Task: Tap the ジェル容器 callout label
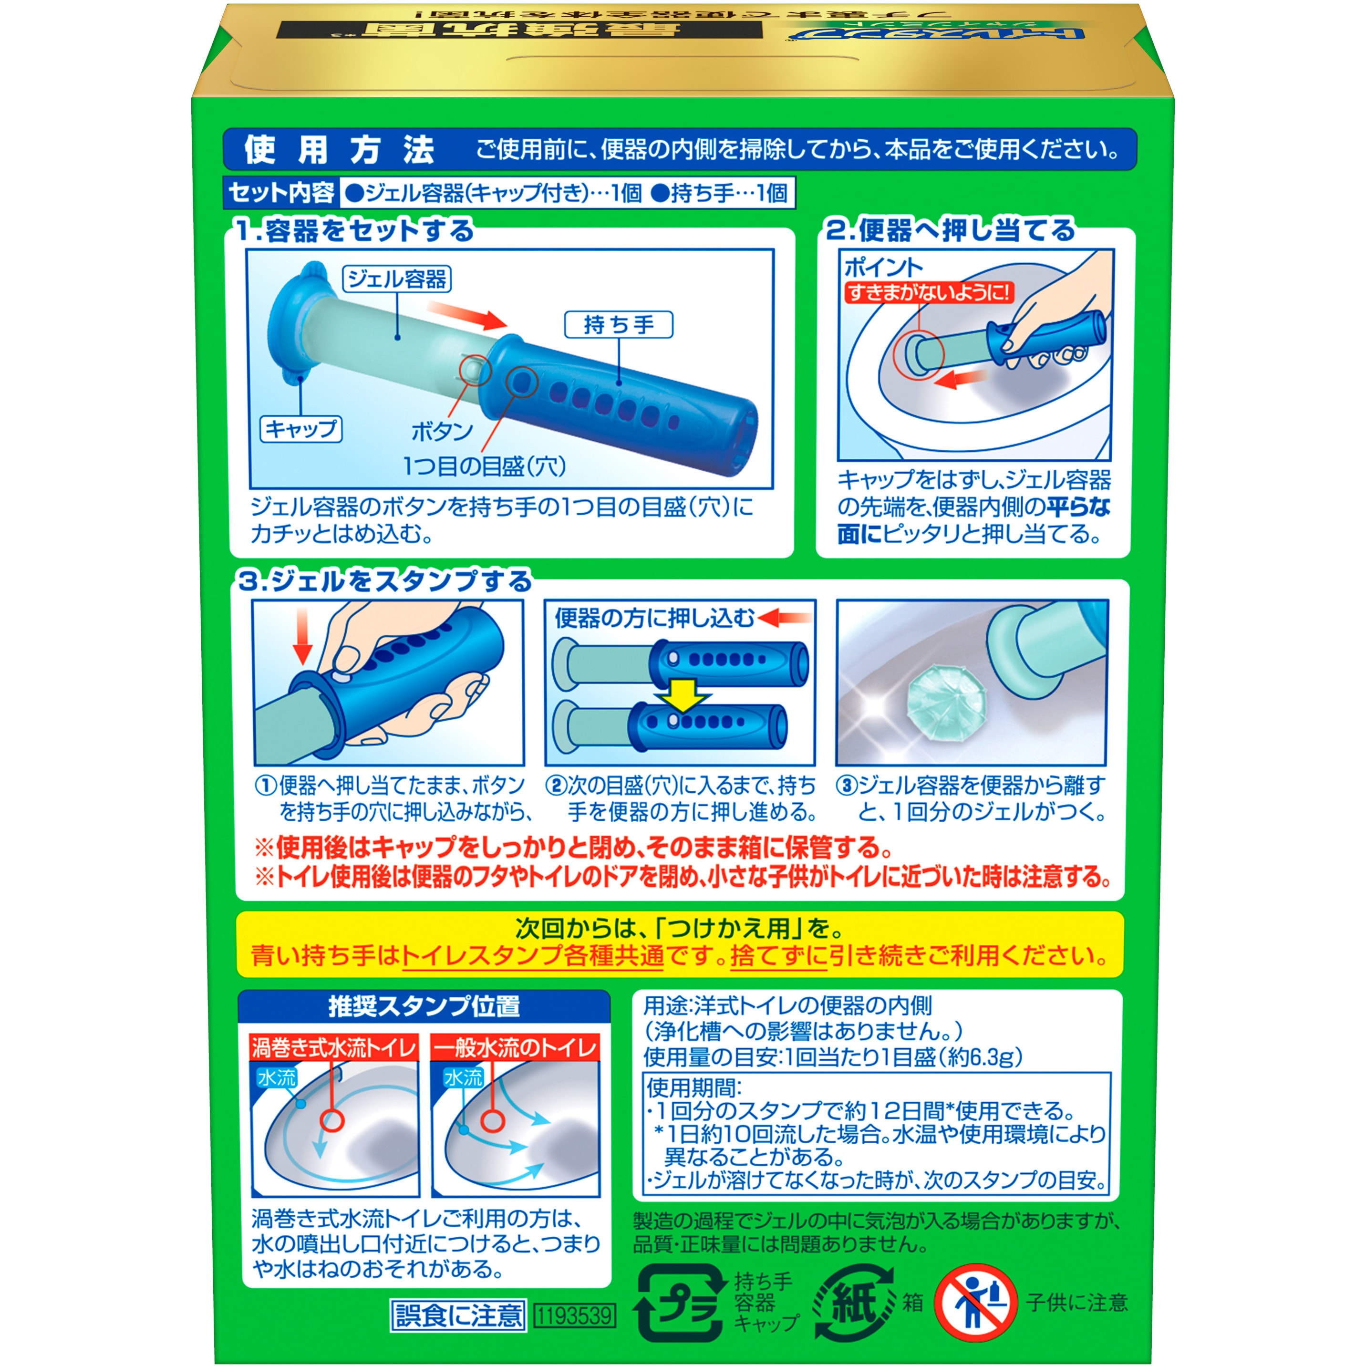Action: [397, 279]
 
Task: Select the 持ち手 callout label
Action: [619, 324]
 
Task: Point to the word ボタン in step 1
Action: [442, 431]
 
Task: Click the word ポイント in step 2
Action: [884, 267]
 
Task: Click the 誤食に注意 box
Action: [458, 1315]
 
